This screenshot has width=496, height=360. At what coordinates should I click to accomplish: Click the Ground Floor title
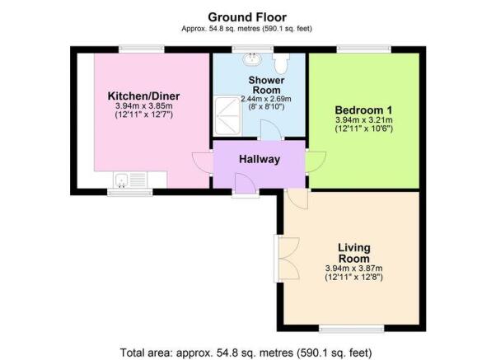click(x=247, y=16)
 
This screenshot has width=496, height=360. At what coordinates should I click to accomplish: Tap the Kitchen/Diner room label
click(x=143, y=96)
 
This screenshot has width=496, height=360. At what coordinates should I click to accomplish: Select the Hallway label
click(x=260, y=159)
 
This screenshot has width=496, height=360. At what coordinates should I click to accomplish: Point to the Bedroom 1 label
click(x=363, y=110)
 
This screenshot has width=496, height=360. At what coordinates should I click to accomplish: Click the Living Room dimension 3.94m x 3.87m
click(x=353, y=269)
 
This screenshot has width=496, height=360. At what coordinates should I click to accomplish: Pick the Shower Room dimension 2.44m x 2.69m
click(x=266, y=99)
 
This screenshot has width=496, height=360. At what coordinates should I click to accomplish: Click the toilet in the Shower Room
click(x=281, y=63)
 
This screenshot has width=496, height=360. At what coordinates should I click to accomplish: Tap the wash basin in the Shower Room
click(x=252, y=58)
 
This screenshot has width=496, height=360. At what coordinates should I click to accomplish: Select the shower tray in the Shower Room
click(x=227, y=115)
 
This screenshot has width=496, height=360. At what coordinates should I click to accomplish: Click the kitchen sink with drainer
click(x=130, y=180)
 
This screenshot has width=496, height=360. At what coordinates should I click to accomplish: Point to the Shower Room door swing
click(x=270, y=129)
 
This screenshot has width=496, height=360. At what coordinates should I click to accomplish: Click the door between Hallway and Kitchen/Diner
click(x=203, y=162)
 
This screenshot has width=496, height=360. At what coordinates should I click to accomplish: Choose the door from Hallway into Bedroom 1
click(x=316, y=162)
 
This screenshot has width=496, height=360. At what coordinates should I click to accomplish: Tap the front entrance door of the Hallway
click(x=246, y=184)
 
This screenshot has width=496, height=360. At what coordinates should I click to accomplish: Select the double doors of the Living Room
click(x=287, y=259)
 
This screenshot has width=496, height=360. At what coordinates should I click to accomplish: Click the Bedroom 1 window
click(x=364, y=49)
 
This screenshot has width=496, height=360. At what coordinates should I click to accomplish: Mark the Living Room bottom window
click(x=352, y=330)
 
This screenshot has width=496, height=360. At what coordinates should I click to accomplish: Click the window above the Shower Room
click(x=252, y=49)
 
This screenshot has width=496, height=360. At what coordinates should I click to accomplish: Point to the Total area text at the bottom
click(x=246, y=352)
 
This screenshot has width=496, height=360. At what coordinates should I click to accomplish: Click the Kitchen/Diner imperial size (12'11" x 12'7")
click(x=143, y=115)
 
